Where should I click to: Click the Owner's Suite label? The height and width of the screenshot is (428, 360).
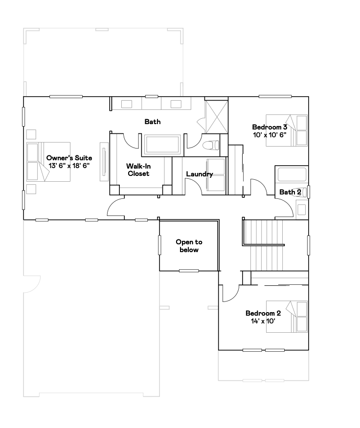pos(69,158)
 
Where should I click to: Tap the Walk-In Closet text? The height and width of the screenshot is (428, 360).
pos(138,170)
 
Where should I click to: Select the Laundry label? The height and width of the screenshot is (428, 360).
pos(200,174)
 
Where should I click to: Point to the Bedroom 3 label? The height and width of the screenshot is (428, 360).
pos(270,127)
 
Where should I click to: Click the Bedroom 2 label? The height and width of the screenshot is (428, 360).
pos(263,313)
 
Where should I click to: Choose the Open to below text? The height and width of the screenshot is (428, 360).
pos(189,246)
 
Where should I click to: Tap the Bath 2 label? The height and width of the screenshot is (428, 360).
pos(290,192)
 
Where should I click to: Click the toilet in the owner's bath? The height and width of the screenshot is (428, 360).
pos(211,145)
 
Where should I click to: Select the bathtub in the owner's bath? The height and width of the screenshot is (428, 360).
pos(163,145)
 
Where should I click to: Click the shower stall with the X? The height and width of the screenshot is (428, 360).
pos(217,117)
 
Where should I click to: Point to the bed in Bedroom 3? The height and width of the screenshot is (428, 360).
pos(287,130)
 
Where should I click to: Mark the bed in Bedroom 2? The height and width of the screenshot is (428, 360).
pos(287,317)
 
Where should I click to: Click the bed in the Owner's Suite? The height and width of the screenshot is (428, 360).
pos(48,162)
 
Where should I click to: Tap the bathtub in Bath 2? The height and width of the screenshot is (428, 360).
pos(292,174)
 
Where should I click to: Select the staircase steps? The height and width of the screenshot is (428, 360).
pos(267,245)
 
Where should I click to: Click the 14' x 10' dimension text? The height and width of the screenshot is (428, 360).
pos(263,321)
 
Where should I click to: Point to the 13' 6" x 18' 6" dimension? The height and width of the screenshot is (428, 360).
pos(69,166)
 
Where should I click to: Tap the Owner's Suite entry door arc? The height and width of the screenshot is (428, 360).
pos(115,208)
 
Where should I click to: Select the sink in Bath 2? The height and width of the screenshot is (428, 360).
pos(301,210)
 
